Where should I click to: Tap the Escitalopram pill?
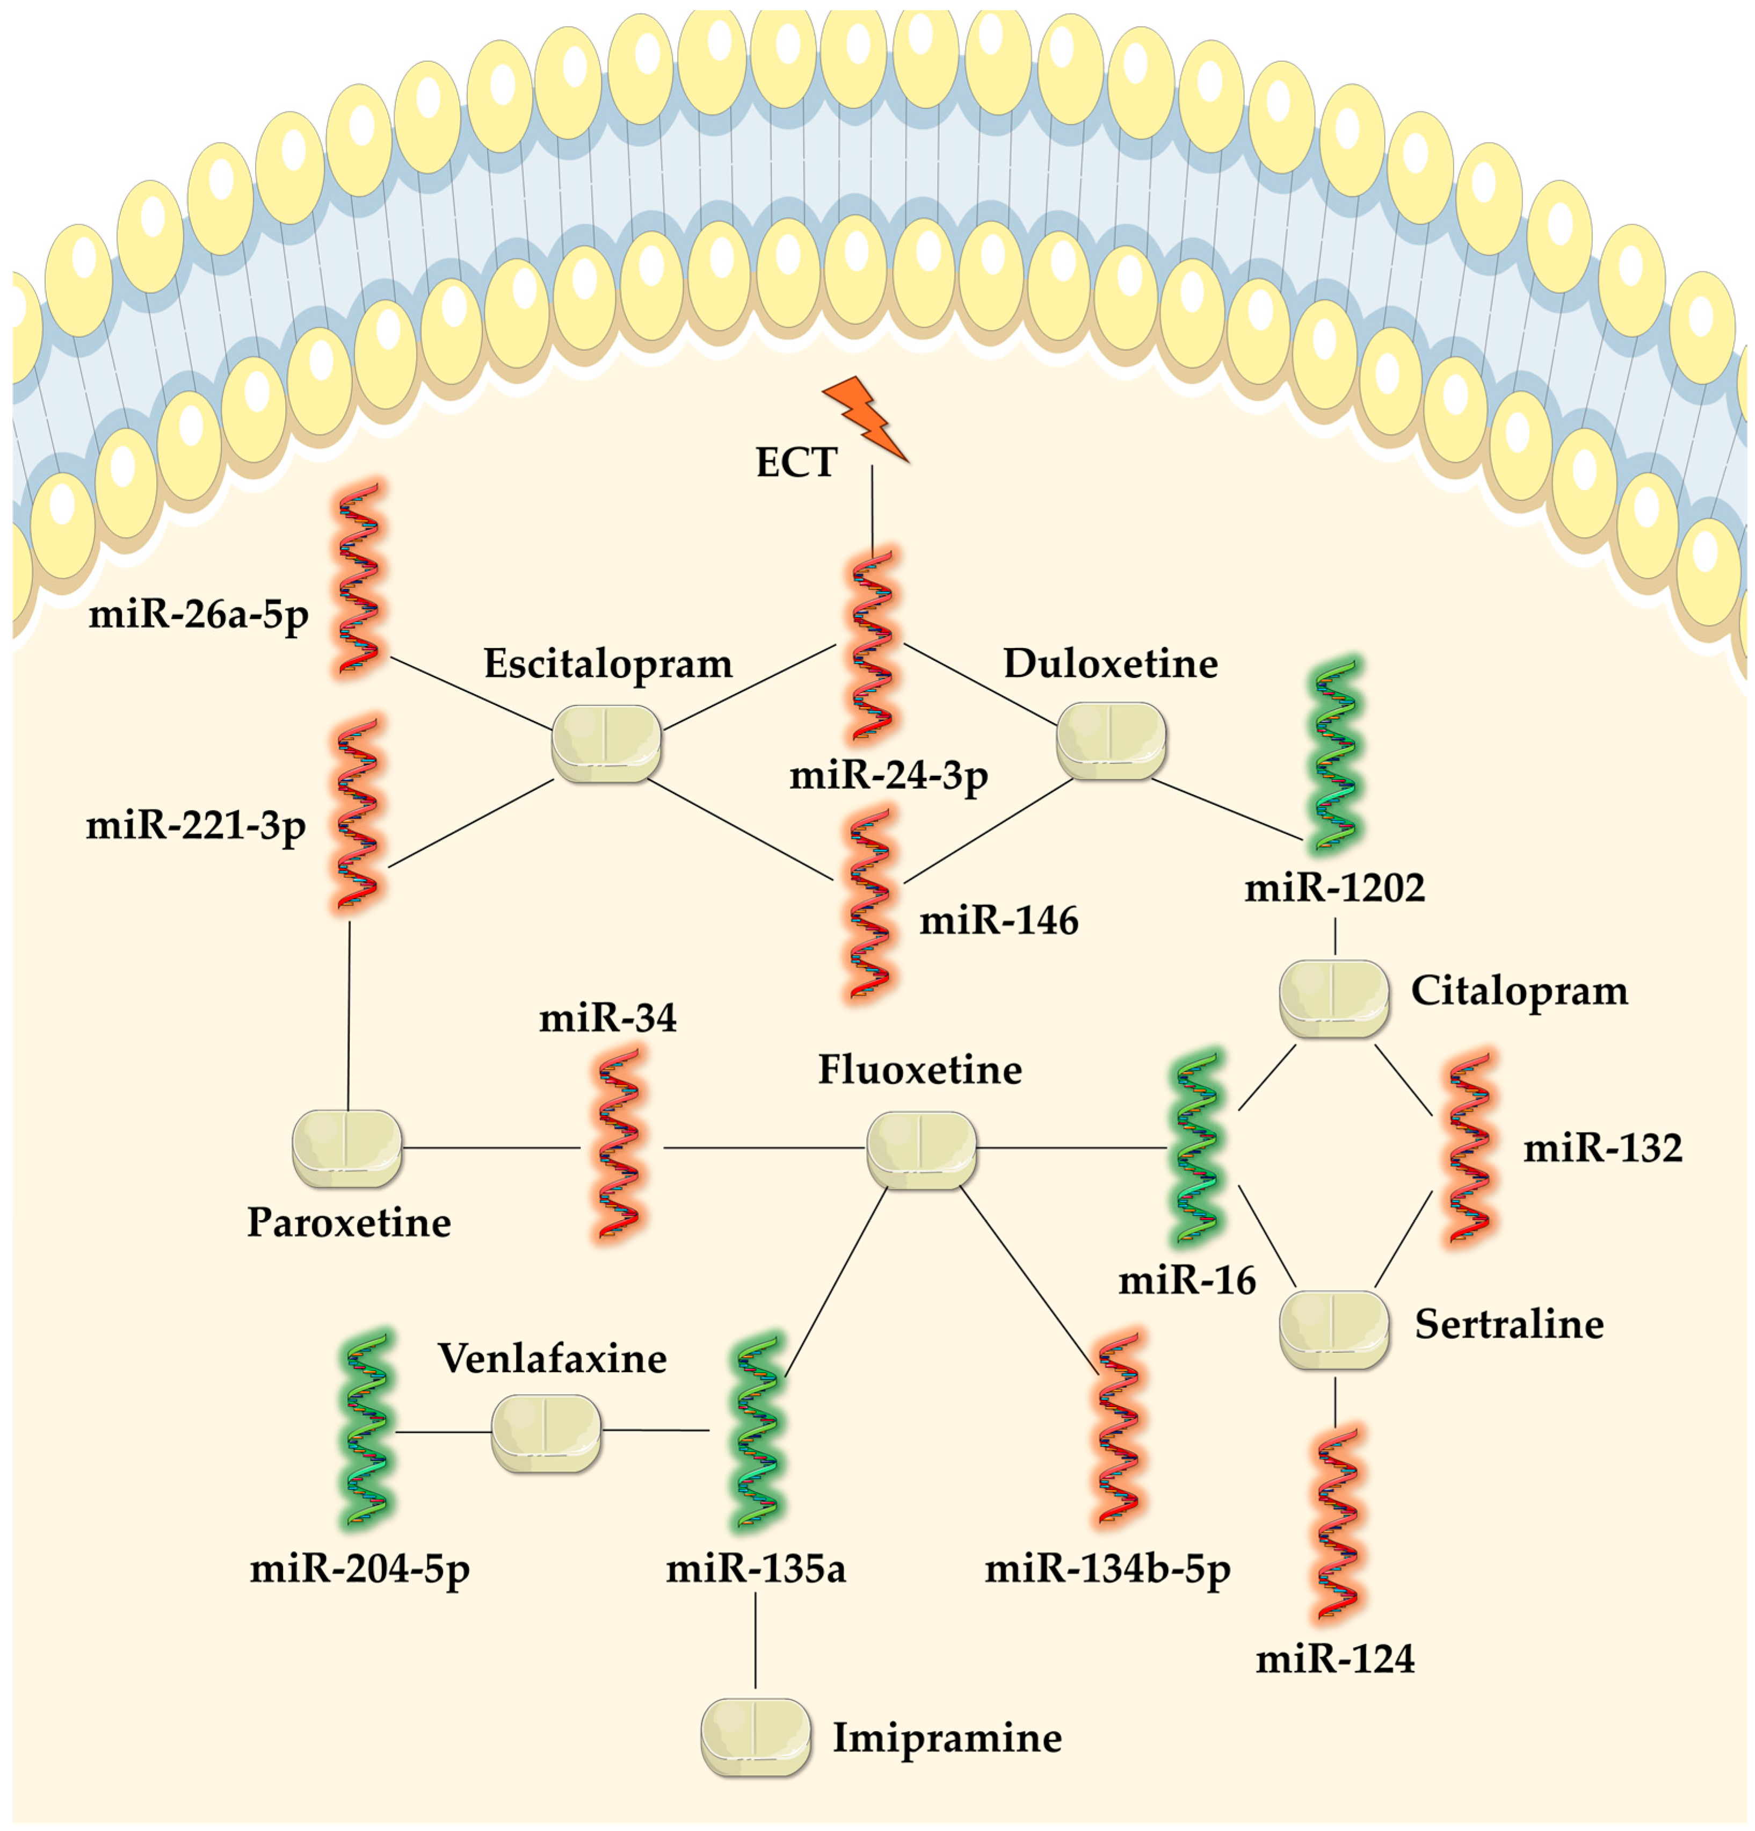coord(606,743)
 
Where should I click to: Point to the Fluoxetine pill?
coord(921,1149)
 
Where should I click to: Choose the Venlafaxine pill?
coord(546,1432)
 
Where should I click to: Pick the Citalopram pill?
coord(1333,998)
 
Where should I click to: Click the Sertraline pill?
coord(1333,1329)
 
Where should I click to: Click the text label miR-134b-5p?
coord(1108,1569)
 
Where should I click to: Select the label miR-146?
coord(998,921)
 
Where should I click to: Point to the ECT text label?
coord(796,463)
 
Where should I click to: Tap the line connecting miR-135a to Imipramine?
coord(755,1643)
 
